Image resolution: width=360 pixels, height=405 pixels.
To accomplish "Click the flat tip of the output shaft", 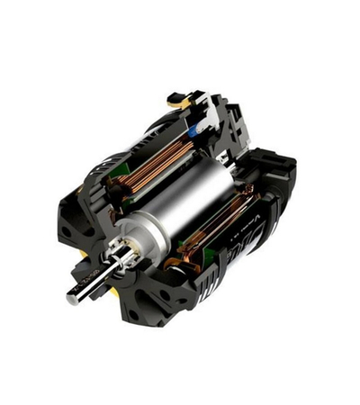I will [70, 295].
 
